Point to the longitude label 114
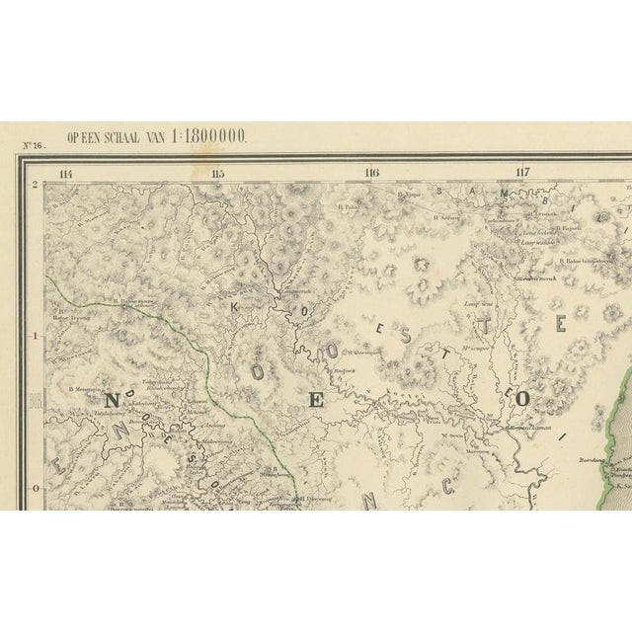(x=67, y=175)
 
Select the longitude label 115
(x=218, y=175)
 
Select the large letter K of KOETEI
(x=235, y=308)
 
